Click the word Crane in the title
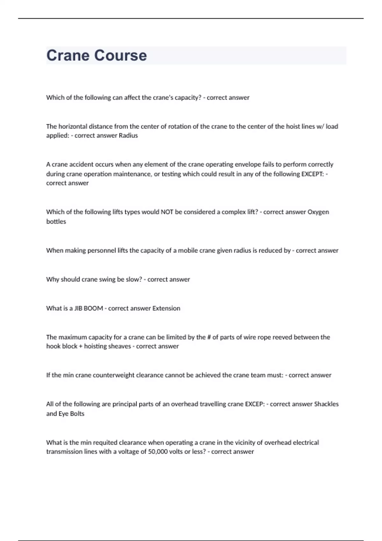pyautogui.click(x=68, y=55)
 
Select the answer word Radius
pyautogui.click(x=128, y=136)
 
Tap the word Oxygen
pyautogui.click(x=318, y=212)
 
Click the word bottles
pyautogui.click(x=56, y=221)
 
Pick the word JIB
pyautogui.click(x=78, y=308)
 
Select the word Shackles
pyautogui.click(x=326, y=404)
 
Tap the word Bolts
pyautogui.click(x=77, y=414)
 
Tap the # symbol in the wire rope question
pyautogui.click(x=209, y=337)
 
